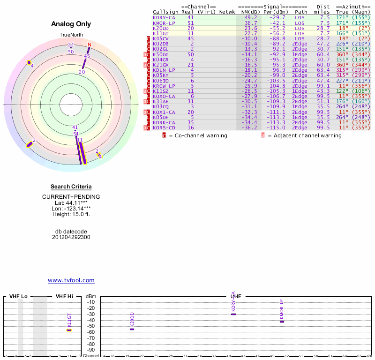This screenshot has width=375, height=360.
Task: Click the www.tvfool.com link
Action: pos(71,280)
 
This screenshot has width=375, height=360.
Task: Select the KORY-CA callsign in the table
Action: pos(164,17)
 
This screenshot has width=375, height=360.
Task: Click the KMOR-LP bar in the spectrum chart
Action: pos(282,322)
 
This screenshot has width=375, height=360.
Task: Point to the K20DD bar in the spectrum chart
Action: pos(132,329)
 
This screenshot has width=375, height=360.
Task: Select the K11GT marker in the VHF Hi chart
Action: pos(69,330)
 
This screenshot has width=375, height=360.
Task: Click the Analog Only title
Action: pos(71,24)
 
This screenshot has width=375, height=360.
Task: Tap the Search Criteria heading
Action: pos(71,187)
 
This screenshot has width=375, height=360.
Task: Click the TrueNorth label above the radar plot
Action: pos(71,35)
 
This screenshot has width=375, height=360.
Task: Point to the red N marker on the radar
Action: pos(89,45)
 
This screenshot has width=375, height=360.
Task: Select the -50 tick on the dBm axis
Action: pos(90,326)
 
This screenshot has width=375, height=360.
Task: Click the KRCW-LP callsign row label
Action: pos(164,86)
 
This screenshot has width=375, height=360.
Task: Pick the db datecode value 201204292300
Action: pos(71,237)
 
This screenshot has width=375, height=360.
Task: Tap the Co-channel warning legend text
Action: pos(197,135)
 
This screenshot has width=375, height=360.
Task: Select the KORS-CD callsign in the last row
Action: pos(164,127)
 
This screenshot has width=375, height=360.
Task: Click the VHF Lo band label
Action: pos(18,296)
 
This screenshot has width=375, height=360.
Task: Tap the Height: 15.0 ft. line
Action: pos(71,214)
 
